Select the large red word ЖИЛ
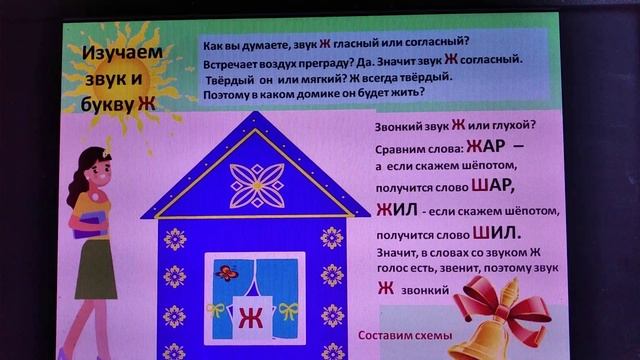tap(395, 209)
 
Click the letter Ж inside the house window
tap(250, 321)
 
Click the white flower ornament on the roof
tap(257, 184)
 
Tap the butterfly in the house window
tap(227, 271)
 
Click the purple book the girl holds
tap(92, 224)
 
